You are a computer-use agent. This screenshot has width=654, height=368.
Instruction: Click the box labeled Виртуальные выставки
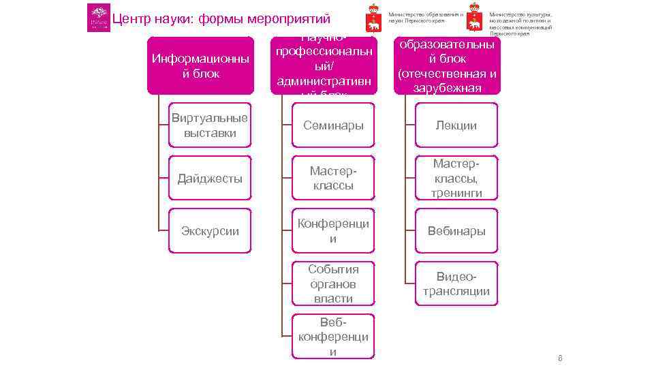[210, 125]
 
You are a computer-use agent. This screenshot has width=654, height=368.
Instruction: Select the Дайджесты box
[210, 179]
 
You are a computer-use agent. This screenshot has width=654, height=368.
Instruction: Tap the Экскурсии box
[210, 231]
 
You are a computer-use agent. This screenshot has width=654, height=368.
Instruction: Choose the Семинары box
[333, 125]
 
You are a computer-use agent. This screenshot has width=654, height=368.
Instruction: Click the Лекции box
[456, 125]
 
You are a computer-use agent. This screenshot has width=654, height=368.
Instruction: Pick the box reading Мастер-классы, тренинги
[456, 179]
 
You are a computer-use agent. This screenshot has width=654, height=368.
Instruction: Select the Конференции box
[333, 231]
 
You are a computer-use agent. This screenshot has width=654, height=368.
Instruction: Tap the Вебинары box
[456, 231]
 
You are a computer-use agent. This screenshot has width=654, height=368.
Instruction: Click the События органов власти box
[333, 283]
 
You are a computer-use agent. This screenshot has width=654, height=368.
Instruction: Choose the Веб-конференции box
[333, 336]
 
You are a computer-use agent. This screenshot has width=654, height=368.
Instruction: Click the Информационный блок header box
[200, 65]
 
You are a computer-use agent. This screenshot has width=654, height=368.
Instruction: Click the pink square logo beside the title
[98, 18]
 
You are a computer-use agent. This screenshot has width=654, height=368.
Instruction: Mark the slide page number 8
[560, 358]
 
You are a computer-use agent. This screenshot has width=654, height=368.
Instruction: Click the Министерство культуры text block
[521, 23]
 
